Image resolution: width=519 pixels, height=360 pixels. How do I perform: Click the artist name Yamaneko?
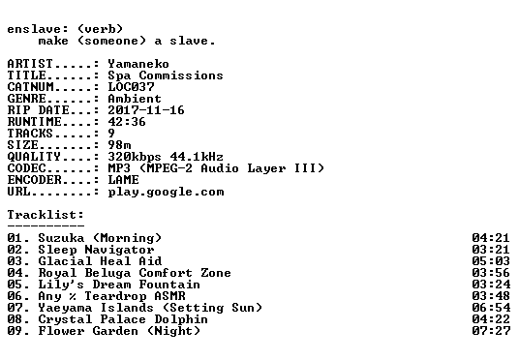click(138, 64)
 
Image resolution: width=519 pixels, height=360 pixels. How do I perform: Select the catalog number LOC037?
click(131, 87)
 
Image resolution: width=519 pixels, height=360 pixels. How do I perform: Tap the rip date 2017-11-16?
click(146, 110)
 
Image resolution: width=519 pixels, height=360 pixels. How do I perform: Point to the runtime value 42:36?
click(127, 122)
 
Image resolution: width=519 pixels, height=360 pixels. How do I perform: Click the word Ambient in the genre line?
click(135, 99)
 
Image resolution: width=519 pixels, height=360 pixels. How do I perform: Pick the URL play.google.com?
click(166, 192)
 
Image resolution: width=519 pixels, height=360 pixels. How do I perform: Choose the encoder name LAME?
click(123, 180)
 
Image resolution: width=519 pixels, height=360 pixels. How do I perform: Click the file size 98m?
click(119, 145)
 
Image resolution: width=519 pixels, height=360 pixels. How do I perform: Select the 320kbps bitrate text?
click(135, 157)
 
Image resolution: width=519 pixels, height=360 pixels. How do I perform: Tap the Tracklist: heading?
click(46, 215)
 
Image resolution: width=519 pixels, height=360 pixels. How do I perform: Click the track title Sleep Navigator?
click(96, 250)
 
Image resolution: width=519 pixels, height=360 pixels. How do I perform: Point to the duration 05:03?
click(491, 261)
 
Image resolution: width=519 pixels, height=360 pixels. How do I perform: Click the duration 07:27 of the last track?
click(491, 331)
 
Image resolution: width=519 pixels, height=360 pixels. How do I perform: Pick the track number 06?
click(15, 296)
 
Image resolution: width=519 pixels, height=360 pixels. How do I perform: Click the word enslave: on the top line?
click(38, 29)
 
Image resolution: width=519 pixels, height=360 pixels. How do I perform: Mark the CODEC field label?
click(26, 168)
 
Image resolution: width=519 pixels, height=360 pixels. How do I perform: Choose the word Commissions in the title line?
click(181, 75)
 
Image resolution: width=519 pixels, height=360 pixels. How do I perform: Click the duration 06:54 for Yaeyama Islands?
click(491, 308)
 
